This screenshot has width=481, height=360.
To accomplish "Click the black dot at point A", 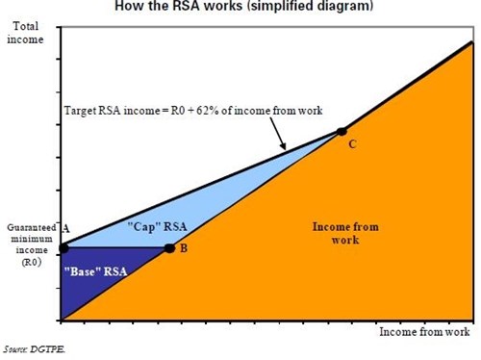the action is (x=63, y=248).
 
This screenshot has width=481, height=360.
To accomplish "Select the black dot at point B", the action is (x=169, y=248).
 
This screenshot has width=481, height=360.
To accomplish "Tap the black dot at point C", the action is (x=342, y=131).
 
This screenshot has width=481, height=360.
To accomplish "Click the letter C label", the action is (x=352, y=144).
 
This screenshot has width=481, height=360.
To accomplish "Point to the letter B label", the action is (x=184, y=248).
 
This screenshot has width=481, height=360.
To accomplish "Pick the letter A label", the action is (x=65, y=229).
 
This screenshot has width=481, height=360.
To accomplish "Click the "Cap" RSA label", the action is (x=157, y=227).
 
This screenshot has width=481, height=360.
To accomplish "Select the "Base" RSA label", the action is (x=95, y=271).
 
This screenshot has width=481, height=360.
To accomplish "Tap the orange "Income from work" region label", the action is (x=345, y=233).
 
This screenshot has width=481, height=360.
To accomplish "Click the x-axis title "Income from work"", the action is (x=424, y=332).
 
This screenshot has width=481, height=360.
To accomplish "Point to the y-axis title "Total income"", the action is (x=25, y=33).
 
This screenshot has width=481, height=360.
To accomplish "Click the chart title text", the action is (x=243, y=6).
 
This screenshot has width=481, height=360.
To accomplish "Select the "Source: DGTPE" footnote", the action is (x=34, y=349).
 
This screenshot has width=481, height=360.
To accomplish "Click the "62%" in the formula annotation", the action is (x=208, y=111).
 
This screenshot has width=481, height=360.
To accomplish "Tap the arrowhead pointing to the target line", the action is (x=283, y=146).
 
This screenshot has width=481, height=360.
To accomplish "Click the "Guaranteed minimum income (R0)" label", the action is (x=32, y=244).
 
